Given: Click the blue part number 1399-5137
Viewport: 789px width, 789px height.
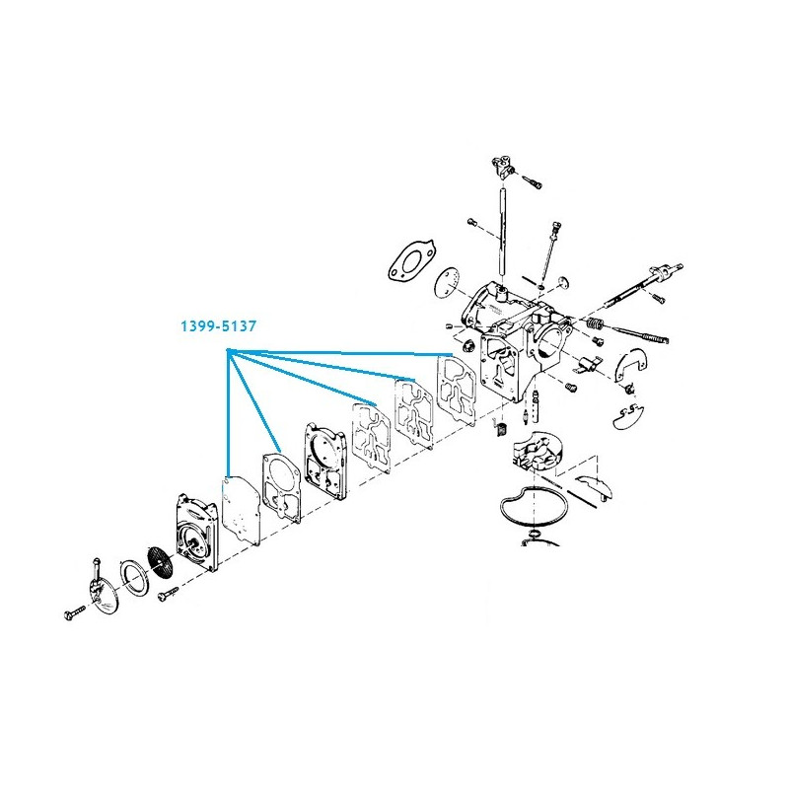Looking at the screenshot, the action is click(218, 326).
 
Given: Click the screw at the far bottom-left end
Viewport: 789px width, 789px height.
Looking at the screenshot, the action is click(76, 612).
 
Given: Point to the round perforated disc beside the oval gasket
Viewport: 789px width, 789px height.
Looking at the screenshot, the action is click(449, 282).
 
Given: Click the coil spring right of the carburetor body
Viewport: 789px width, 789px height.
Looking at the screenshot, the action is click(595, 323).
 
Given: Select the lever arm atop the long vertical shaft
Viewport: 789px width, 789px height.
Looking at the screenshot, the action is click(502, 167).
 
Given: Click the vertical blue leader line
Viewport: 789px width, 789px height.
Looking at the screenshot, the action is click(228, 412).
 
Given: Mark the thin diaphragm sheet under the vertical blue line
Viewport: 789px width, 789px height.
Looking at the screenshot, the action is click(241, 511).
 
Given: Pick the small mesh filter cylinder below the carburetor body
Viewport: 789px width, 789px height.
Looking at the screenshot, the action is click(501, 429).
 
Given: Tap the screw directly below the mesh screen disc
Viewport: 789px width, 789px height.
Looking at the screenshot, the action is click(168, 593).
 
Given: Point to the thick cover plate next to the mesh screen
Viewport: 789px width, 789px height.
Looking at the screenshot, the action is click(197, 533).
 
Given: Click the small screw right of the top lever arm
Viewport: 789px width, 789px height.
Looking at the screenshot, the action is click(532, 181).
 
